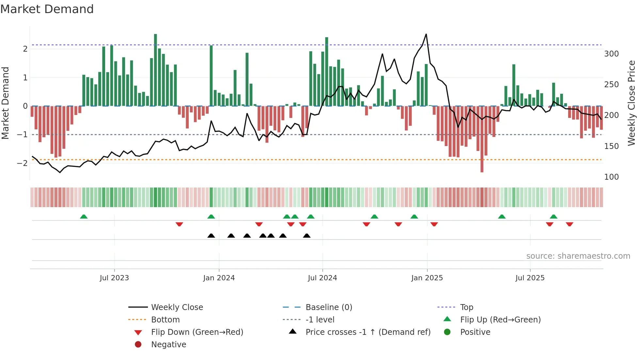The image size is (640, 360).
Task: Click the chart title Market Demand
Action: pyautogui.click(x=47, y=9)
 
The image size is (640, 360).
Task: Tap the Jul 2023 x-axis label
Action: pyautogui.click(x=114, y=278)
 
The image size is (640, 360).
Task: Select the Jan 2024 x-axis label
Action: pyautogui.click(x=219, y=278)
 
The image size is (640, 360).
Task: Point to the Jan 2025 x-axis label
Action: pyautogui.click(x=427, y=278)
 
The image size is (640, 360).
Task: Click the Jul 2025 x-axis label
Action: pyautogui.click(x=530, y=278)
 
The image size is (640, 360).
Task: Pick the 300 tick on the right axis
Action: pyautogui.click(x=611, y=54)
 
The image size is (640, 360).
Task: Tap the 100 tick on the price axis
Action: pyautogui.click(x=611, y=177)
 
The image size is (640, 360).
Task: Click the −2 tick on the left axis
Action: pyautogui.click(x=22, y=163)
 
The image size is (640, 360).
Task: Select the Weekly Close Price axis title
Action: pyautogui.click(x=632, y=103)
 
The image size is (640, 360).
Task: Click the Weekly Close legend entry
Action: pyautogui.click(x=177, y=307)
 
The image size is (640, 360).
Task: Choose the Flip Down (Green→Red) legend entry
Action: pyautogui.click(x=197, y=332)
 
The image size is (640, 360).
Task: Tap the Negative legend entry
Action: pyautogui.click(x=168, y=344)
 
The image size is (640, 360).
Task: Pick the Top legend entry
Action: pyautogui.click(x=466, y=307)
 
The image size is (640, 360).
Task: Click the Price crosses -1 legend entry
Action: pyautogui.click(x=368, y=332)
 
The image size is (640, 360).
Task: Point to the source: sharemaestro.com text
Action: pyautogui.click(x=578, y=256)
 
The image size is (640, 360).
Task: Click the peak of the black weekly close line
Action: pyautogui.click(x=426, y=34)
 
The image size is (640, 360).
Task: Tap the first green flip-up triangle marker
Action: pyautogui.click(x=84, y=217)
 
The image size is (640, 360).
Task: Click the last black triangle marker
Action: pyautogui.click(x=307, y=236)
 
